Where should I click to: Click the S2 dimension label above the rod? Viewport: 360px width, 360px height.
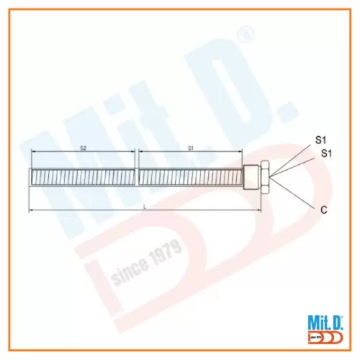[83, 148]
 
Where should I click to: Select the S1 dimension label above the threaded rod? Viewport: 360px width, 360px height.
[191, 148]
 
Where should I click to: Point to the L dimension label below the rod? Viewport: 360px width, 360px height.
[145, 207]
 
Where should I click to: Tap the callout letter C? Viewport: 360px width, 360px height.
[323, 210]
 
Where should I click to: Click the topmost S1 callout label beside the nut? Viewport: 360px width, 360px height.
[321, 138]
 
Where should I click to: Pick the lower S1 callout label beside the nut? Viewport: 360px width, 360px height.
[326, 153]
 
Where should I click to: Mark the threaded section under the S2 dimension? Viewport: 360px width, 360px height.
[82, 176]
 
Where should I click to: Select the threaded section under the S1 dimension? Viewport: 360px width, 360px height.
[191, 176]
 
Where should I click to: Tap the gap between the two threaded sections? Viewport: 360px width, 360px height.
[137, 176]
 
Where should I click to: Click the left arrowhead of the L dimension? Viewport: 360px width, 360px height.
[30, 210]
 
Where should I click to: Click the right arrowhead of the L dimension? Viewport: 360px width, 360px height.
[258, 210]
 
